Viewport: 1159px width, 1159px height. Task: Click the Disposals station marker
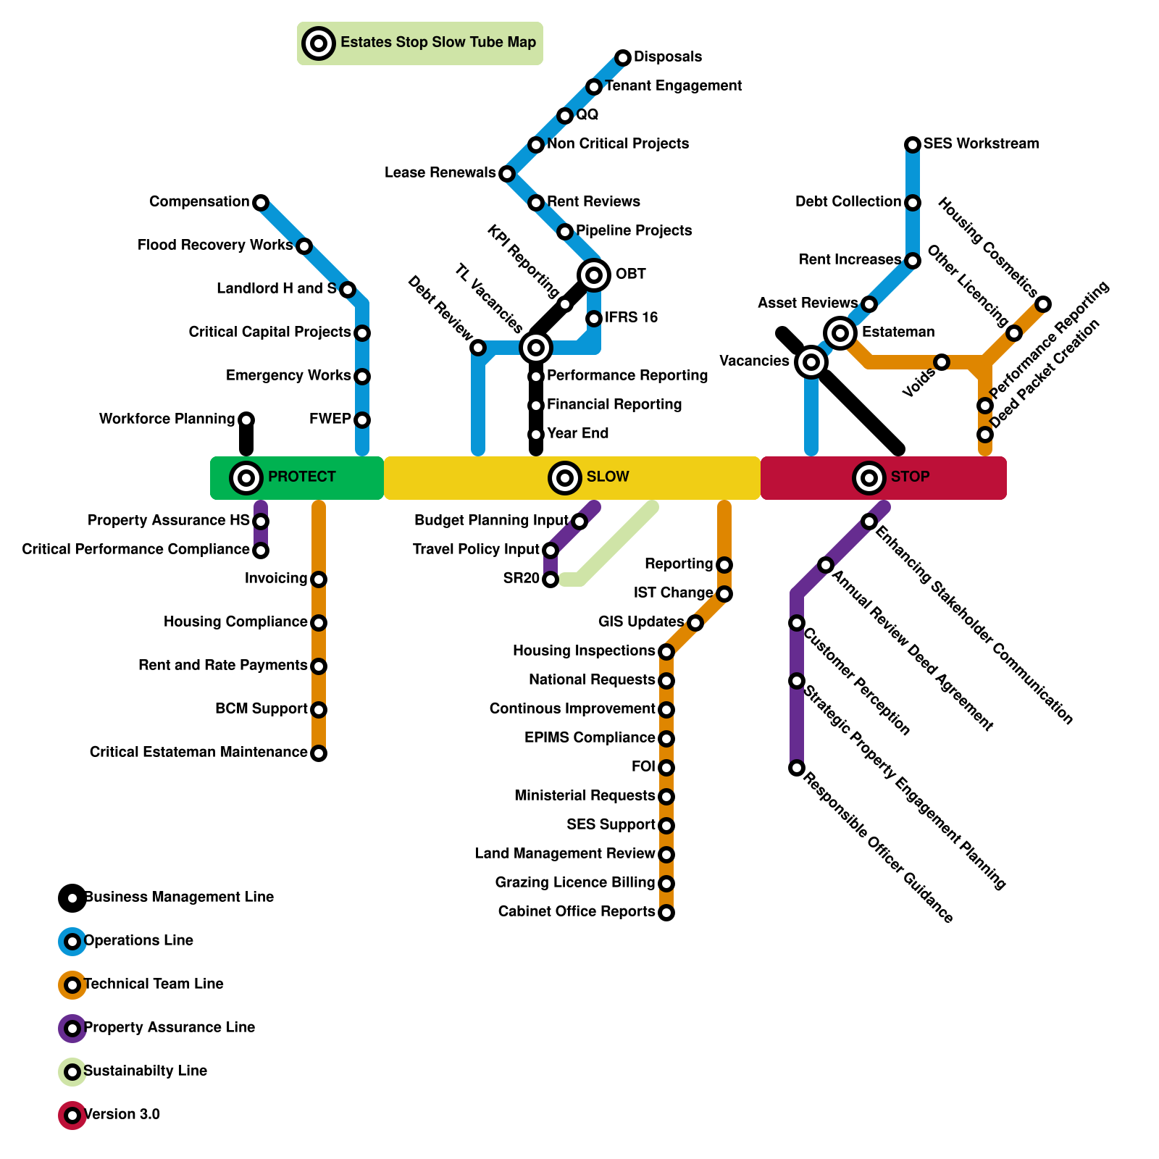coord(623,58)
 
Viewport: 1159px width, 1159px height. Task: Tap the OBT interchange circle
coord(594,275)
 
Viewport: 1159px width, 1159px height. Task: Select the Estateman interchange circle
coord(840,333)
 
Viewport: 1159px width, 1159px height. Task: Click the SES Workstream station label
coord(981,144)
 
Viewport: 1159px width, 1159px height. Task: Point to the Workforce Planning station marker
coord(246,420)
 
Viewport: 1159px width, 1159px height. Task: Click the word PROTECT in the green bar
coord(301,477)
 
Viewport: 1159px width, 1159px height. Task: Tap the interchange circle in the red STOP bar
coord(869,478)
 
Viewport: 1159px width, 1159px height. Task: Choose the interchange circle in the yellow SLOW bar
coord(565,478)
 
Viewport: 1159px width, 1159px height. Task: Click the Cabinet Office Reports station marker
coord(666,913)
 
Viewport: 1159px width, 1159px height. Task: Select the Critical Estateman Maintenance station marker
coord(319,753)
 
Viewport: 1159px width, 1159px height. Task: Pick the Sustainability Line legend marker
coord(72,1072)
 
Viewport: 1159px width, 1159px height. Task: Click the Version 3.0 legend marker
coord(72,1116)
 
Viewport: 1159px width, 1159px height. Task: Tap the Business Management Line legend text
coord(179,898)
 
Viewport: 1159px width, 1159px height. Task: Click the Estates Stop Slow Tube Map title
coord(438,43)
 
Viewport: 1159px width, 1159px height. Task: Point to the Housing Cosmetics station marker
coord(1043,304)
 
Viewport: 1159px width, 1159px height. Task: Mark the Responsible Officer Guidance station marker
coord(797,768)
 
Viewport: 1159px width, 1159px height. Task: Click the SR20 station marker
coord(551,579)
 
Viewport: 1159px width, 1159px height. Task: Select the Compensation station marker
coord(261,203)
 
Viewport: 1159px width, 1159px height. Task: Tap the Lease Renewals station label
coord(440,173)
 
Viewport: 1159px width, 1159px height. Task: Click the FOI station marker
coord(666,768)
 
